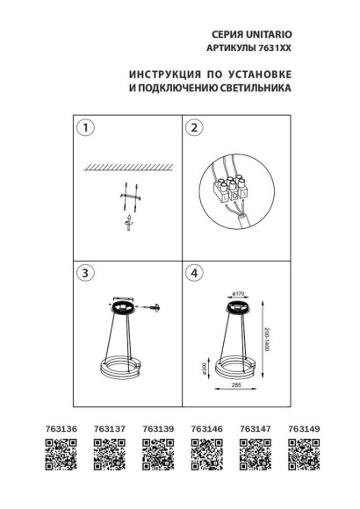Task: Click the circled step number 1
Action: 85,129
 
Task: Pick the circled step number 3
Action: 85,273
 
